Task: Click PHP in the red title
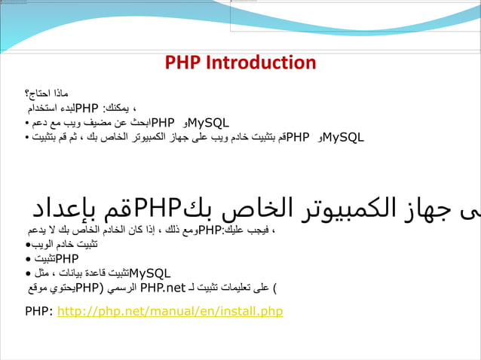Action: click(182, 63)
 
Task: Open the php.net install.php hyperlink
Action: click(170, 311)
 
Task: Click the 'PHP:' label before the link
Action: click(39, 311)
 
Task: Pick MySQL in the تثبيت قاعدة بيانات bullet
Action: click(150, 273)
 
